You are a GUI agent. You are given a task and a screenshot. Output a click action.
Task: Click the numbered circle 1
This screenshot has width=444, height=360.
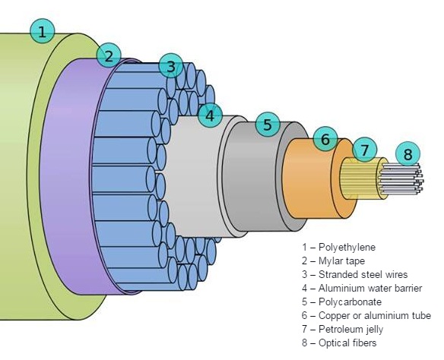click(x=43, y=31)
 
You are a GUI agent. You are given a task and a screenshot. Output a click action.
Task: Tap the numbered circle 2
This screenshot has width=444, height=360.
click(x=109, y=55)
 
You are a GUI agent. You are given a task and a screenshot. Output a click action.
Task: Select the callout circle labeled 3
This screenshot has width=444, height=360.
click(x=171, y=66)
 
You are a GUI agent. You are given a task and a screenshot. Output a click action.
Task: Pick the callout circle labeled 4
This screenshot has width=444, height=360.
click(x=210, y=116)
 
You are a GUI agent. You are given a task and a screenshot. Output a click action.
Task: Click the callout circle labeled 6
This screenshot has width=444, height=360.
click(x=325, y=140)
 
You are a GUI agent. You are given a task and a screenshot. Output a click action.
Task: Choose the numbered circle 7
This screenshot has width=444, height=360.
click(x=365, y=150)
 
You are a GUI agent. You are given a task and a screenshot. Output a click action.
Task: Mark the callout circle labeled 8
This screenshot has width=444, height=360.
click(x=408, y=155)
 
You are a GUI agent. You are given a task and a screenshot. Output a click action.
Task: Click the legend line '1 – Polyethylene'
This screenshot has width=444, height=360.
click(x=338, y=248)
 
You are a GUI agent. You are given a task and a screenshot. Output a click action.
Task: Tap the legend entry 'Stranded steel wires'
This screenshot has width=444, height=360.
click(x=354, y=275)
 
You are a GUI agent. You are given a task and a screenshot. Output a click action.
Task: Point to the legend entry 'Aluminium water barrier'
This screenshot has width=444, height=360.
click(x=362, y=289)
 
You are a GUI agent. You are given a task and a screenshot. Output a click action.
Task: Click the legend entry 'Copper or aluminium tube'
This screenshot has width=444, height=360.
click(x=366, y=316)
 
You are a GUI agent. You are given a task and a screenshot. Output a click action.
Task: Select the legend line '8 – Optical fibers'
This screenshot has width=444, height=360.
click(x=339, y=343)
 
